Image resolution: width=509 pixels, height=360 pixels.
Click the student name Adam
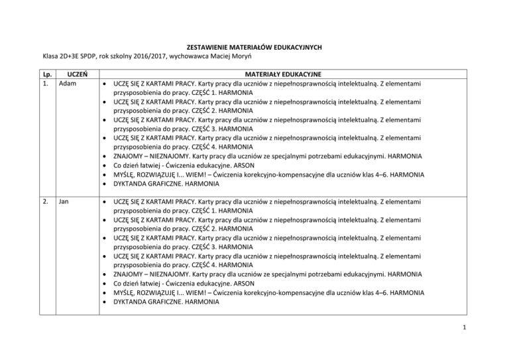[x=68, y=85]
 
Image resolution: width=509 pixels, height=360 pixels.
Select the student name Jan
[x=64, y=199]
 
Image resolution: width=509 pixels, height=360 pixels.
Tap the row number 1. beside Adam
[x=44, y=85]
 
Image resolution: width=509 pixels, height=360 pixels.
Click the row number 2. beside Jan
[x=44, y=199]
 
